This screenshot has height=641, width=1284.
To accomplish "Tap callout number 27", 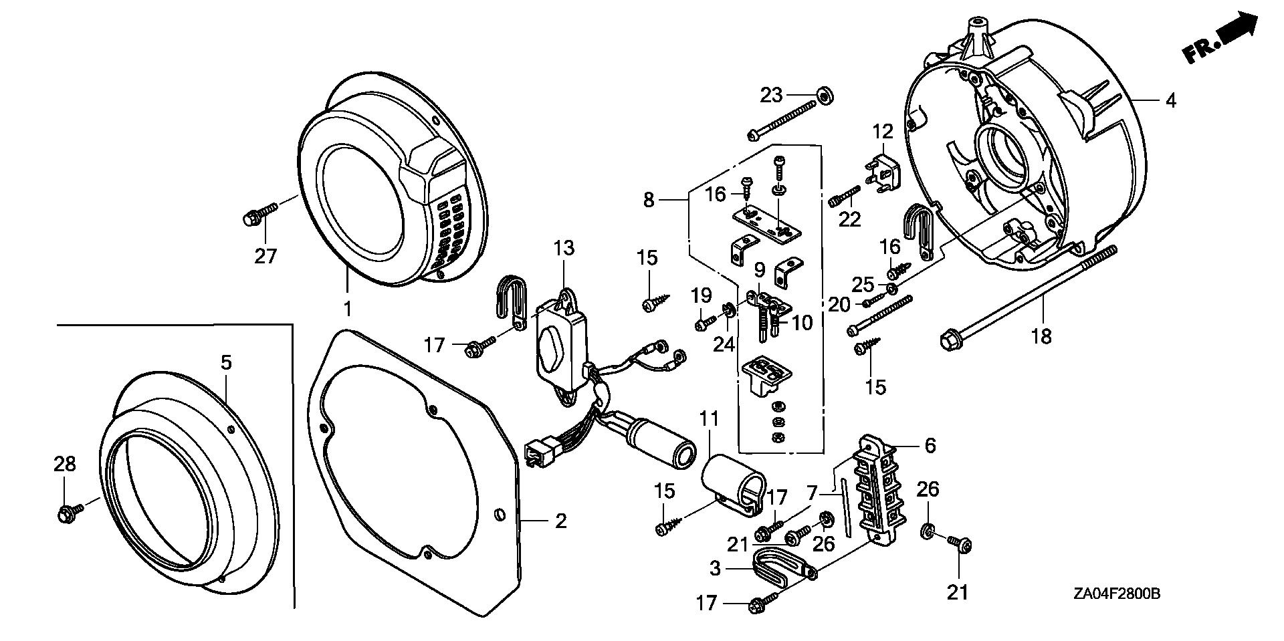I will [x=265, y=256].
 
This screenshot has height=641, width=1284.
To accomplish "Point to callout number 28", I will [x=65, y=463].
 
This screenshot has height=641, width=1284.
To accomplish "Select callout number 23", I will [x=771, y=96].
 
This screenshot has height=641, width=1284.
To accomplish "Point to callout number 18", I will [x=1041, y=336].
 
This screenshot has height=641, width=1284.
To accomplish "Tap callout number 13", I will [x=564, y=248].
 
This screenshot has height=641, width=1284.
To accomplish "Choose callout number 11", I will [x=709, y=419].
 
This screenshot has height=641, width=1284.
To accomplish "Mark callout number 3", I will [x=716, y=569].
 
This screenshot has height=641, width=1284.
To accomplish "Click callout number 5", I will [x=227, y=363].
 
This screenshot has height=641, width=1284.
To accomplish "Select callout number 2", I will [x=560, y=520].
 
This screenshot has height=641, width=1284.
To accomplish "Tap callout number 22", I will [x=849, y=219].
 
